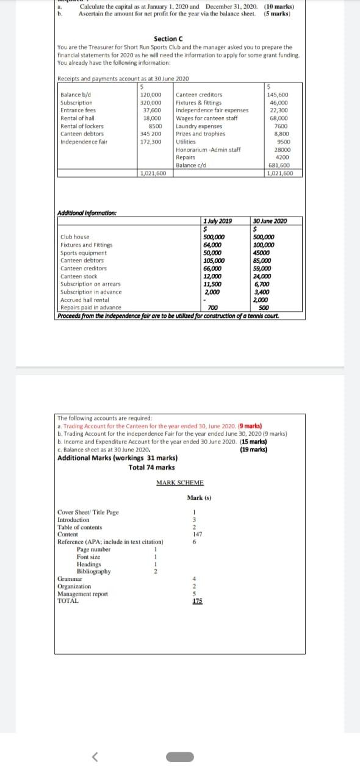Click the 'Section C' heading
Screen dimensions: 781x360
click(x=167, y=39)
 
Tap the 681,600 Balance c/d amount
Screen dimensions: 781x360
click(x=279, y=165)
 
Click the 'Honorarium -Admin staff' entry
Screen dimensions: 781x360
click(x=207, y=149)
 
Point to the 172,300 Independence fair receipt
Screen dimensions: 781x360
click(x=151, y=142)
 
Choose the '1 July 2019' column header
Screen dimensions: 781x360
click(x=217, y=221)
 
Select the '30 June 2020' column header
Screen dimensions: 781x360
click(x=270, y=221)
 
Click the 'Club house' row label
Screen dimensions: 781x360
click(x=75, y=237)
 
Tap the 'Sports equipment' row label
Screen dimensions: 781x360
click(x=84, y=253)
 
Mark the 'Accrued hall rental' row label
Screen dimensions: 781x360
click(x=85, y=300)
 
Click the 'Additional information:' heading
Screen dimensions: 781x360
click(x=87, y=213)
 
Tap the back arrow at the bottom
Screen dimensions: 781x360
click(x=95, y=757)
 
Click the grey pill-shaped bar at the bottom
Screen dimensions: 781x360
click(x=180, y=757)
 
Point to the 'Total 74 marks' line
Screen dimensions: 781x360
click(x=151, y=467)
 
